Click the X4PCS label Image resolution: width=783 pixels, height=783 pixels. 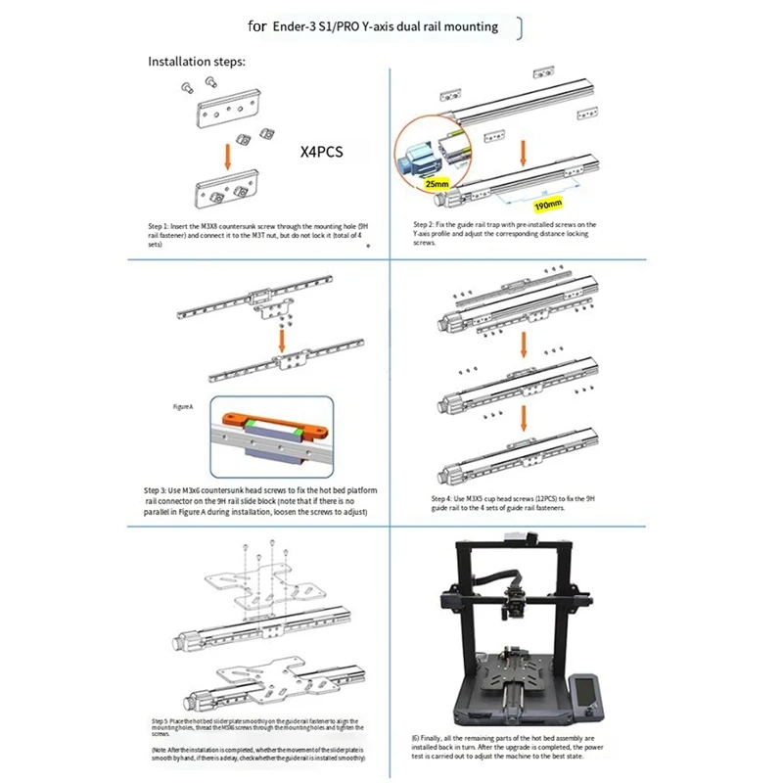click(322, 153)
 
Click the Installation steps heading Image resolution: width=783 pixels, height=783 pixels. click(196, 62)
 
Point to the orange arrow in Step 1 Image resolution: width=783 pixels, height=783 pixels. click(227, 155)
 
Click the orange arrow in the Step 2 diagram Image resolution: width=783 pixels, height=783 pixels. click(527, 149)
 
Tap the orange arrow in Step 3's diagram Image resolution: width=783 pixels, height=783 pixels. click(281, 339)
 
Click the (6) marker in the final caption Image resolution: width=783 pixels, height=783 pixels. click(415, 736)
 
